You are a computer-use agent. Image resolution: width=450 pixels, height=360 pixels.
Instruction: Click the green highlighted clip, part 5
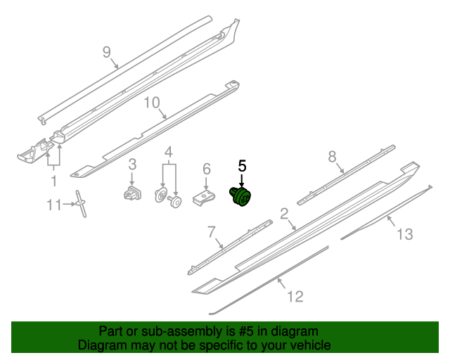[242, 196]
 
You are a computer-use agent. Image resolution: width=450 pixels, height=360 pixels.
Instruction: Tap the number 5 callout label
[242, 167]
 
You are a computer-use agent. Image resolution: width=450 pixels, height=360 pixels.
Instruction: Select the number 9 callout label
[107, 52]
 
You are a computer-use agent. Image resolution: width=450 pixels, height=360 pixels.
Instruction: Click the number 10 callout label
[153, 103]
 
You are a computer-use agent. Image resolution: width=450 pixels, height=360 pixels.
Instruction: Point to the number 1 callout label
[53, 181]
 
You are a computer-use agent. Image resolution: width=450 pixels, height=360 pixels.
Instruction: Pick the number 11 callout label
[55, 205]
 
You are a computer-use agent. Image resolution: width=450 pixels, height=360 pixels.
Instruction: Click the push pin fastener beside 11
[82, 203]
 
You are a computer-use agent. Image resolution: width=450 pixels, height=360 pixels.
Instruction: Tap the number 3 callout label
[131, 165]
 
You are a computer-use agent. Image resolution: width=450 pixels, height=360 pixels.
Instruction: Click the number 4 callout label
[168, 153]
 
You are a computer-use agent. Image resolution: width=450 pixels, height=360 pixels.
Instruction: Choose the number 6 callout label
[206, 169]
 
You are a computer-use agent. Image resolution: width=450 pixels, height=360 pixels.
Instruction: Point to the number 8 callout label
[333, 157]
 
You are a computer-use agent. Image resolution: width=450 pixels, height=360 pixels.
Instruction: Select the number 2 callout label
[285, 214]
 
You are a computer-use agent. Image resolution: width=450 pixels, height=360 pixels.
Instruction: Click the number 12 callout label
[295, 297]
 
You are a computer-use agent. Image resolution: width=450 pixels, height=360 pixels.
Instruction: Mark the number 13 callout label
[404, 233]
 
